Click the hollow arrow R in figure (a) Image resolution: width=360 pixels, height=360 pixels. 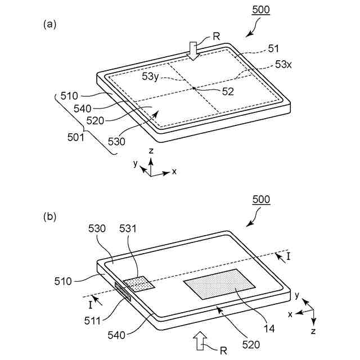coord(193,49)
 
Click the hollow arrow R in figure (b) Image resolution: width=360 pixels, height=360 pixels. coord(201,340)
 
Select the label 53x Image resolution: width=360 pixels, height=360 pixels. coord(283,66)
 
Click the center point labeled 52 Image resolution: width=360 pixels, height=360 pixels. coord(193,88)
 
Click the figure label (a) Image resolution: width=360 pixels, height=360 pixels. coord(49,24)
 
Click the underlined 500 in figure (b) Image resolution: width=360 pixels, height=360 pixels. coord(260,200)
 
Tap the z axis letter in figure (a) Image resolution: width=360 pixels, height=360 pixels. coord(151,151)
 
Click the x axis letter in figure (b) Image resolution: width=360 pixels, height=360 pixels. coord(290,314)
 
